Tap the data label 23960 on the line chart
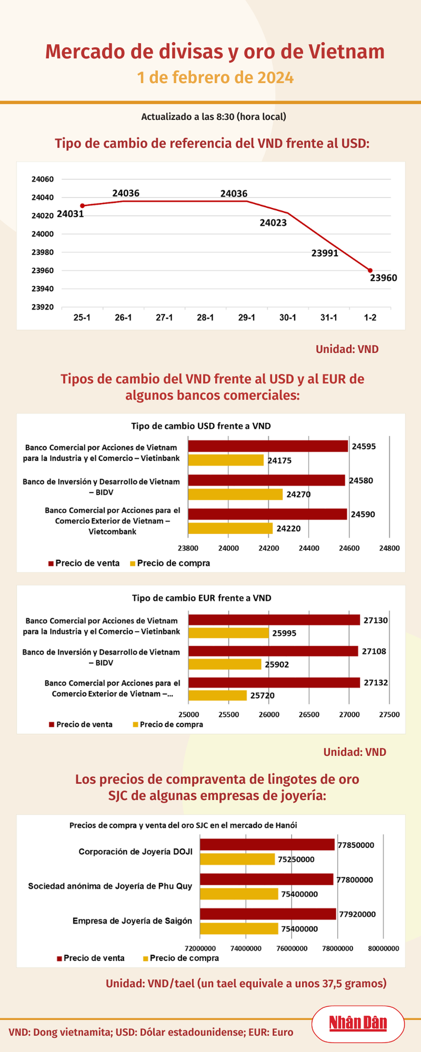point(383,278)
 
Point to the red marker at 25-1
point(82,206)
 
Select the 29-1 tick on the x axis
point(246,317)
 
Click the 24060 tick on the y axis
point(43,180)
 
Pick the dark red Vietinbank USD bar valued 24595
point(268,446)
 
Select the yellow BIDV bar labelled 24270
point(235,494)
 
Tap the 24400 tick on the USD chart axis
point(309,548)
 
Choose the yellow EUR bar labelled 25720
point(217,695)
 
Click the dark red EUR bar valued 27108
point(273,651)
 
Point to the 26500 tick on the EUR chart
point(309,714)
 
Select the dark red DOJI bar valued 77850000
point(268,845)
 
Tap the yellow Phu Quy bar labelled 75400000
point(239,894)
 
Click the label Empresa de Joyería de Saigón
point(132,920)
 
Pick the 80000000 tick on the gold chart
point(384,948)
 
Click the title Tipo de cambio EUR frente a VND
point(201,598)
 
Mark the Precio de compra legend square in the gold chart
point(145,958)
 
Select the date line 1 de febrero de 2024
point(215,77)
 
